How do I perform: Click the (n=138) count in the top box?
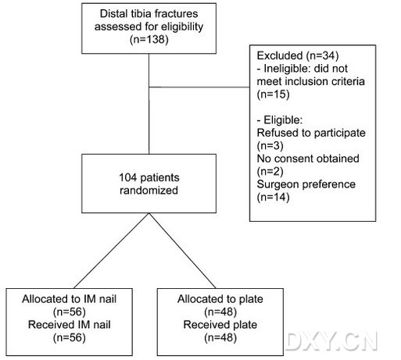coord(149,40)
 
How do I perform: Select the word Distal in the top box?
coord(112,14)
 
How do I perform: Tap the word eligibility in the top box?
coord(182,27)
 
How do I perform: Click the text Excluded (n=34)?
coord(298,55)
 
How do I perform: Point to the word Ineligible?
coord(287,69)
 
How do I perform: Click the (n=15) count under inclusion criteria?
coord(273,94)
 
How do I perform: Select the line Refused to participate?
coord(311,133)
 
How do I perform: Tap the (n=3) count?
coord(270,146)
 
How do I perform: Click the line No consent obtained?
coord(308,159)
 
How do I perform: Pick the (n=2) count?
coord(270,171)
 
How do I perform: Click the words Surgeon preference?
coord(306,184)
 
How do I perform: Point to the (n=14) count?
coord(273,197)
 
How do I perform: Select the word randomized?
coord(149,191)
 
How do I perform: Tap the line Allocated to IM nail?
coord(69,299)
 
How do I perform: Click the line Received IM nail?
coord(69,325)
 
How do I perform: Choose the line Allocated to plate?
coord(220,299)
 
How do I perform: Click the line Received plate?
coord(220,325)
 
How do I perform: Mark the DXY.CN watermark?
coord(331,341)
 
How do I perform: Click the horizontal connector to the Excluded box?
coord(199,87)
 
